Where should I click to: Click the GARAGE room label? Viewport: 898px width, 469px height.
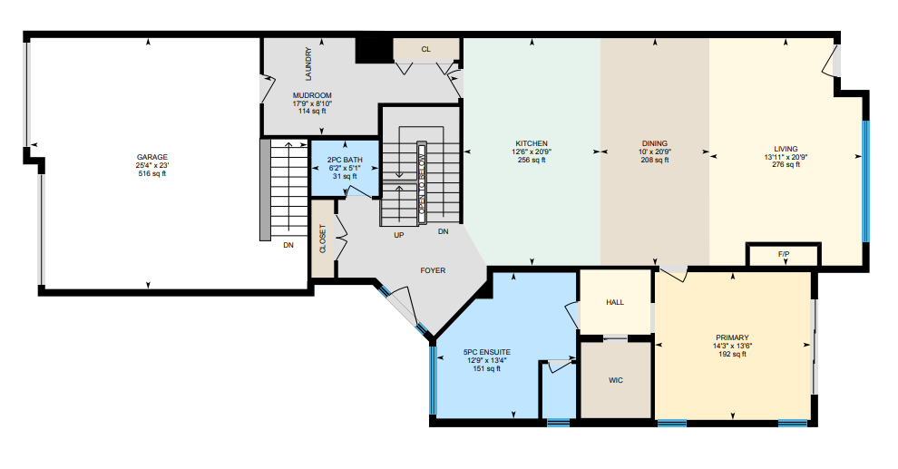point(152,157)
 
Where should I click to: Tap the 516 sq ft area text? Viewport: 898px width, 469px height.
point(152,173)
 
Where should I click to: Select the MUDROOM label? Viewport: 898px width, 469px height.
point(312,95)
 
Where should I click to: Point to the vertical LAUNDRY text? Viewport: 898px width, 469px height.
point(308,64)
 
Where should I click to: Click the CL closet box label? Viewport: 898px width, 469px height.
point(426,49)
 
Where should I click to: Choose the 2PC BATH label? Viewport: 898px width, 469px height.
point(345,160)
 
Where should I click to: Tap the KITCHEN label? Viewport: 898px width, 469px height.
point(532,143)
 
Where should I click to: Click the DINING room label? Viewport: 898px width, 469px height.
point(655,143)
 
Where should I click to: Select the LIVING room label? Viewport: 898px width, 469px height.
point(786,149)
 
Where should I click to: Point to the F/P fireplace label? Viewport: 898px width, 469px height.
point(784,254)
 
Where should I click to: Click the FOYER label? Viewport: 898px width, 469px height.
point(433,270)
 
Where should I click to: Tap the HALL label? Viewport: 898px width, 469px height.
point(615,302)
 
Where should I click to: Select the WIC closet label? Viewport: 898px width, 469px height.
point(616,380)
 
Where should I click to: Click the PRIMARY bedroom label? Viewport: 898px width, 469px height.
point(732,337)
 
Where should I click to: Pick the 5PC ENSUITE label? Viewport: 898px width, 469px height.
point(487,352)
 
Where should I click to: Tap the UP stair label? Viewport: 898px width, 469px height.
point(399,235)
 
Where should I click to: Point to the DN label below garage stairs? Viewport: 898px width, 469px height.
point(288,245)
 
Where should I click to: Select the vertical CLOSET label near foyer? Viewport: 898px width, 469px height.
point(323,239)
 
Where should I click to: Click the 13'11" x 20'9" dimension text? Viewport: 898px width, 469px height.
point(786,157)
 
